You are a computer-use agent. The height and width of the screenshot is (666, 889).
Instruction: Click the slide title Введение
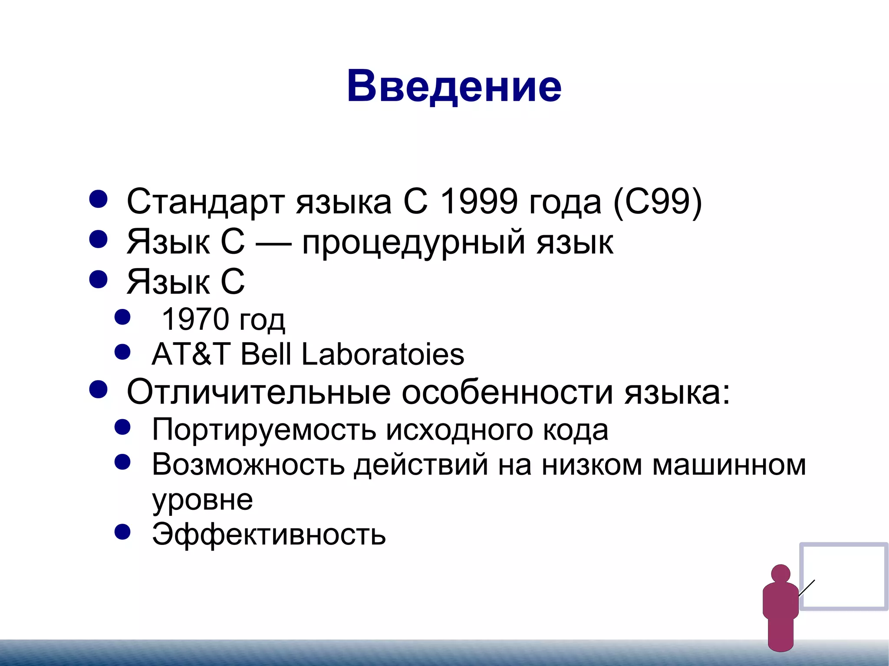454,86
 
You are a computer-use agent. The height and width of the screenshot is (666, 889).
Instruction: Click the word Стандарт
205,202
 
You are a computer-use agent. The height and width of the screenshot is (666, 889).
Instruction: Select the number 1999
479,202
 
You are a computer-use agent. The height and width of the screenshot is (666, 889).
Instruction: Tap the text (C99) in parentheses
657,202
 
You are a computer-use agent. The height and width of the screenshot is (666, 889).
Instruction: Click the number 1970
195,319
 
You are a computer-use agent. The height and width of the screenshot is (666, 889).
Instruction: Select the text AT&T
191,354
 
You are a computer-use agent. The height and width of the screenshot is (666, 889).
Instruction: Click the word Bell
265,354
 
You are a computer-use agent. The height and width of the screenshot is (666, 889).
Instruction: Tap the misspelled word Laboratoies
382,354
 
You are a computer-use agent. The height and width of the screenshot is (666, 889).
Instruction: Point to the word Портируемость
264,430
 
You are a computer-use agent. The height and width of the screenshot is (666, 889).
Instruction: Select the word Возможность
248,465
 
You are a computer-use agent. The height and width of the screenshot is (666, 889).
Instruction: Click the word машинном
729,465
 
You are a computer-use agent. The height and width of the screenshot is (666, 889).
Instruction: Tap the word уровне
202,500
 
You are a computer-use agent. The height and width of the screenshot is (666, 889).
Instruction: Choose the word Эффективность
269,534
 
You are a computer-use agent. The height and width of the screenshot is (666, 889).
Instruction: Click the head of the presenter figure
780,574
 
